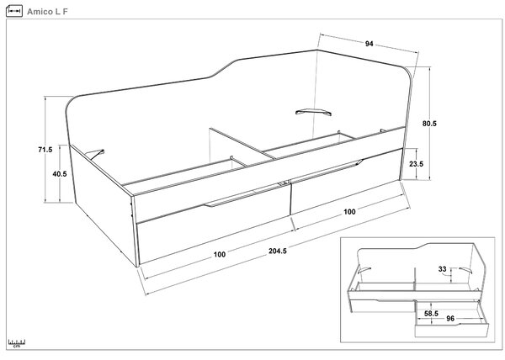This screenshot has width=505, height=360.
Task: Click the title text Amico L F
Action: coord(47,12)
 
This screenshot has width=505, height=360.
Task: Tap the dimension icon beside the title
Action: coord(14,11)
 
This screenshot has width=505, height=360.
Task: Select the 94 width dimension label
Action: coord(369,44)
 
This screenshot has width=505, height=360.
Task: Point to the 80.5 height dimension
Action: coord(429,123)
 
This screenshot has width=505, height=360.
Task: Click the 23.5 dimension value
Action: coord(416,164)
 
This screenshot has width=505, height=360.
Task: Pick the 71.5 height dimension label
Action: coord(45,149)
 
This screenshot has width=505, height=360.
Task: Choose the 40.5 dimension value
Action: coord(60,174)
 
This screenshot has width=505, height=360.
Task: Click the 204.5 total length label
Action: coord(278,251)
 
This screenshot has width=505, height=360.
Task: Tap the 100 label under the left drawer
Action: coord(220,255)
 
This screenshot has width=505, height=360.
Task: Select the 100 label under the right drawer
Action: coord(349,211)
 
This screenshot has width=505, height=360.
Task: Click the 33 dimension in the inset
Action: coord(442,269)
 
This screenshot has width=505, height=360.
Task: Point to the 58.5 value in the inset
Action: coord(431,313)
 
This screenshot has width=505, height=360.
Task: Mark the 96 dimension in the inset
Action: coord(450,318)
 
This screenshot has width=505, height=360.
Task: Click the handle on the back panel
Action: coord(313,112)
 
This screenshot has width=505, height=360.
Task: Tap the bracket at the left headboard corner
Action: coord(96,154)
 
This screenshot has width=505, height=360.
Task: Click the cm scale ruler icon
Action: coord(17,343)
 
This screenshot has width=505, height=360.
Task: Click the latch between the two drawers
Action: coord(284,183)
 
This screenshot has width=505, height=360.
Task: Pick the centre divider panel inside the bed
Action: coord(242,144)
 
